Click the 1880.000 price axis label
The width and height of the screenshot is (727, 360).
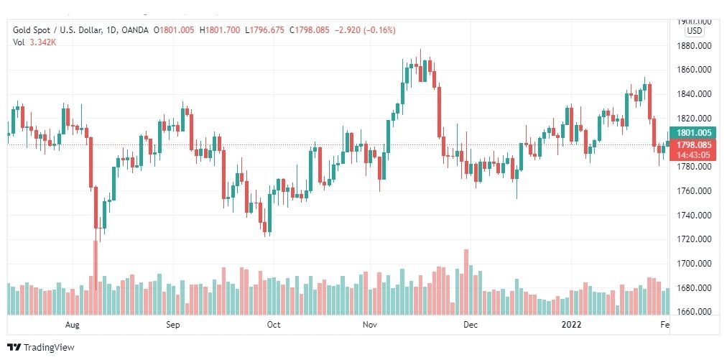click(694, 45)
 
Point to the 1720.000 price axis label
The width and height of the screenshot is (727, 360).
click(694, 239)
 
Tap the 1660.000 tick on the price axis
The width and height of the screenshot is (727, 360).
click(694, 313)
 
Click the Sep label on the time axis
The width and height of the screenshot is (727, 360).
click(172, 325)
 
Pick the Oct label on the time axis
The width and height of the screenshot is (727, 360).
click(274, 325)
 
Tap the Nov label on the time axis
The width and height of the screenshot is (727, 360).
click(370, 325)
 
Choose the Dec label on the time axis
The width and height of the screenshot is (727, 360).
click(471, 325)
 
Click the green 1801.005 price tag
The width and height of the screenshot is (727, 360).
click(694, 132)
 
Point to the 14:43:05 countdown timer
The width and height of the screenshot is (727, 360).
click(694, 154)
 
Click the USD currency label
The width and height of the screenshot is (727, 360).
click(694, 31)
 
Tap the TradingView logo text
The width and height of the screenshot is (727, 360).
click(49, 348)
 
